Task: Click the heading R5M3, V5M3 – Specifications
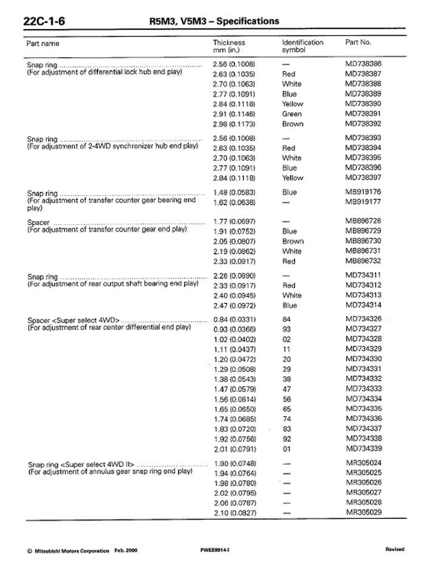click(x=214, y=21)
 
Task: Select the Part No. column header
click(x=358, y=43)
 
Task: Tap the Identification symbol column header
click(x=302, y=46)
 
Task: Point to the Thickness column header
click(x=229, y=46)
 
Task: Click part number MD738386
click(x=364, y=64)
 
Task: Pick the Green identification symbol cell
click(x=292, y=114)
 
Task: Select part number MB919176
click(x=364, y=192)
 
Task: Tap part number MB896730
click(x=364, y=241)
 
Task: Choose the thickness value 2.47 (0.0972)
click(x=234, y=306)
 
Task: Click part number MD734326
click(x=364, y=318)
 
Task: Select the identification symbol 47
click(x=287, y=389)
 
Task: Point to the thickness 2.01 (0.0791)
click(x=234, y=449)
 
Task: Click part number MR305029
click(x=364, y=512)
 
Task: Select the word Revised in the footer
click(x=395, y=550)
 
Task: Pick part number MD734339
click(x=364, y=448)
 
